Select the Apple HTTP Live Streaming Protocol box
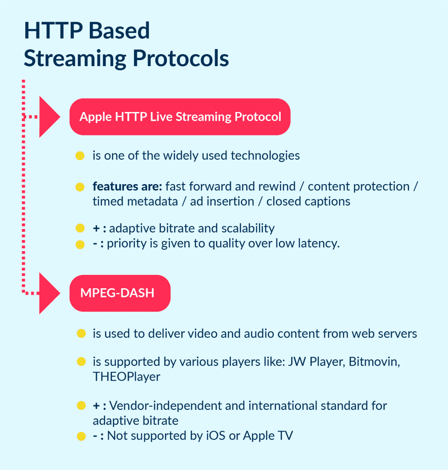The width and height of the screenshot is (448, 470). (180, 117)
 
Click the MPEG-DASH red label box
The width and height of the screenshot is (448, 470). (120, 293)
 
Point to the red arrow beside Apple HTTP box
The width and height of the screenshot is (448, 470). (49, 117)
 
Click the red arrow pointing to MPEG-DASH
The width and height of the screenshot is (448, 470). (49, 293)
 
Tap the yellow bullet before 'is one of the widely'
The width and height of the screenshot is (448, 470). (80, 156)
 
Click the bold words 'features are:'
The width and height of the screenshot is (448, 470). (127, 187)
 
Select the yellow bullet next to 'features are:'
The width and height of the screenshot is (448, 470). (80, 187)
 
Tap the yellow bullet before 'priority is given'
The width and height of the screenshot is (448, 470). (80, 244)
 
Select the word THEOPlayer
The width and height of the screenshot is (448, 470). (127, 377)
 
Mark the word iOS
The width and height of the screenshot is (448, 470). (216, 436)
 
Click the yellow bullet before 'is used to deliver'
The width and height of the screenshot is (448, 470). (81, 334)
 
